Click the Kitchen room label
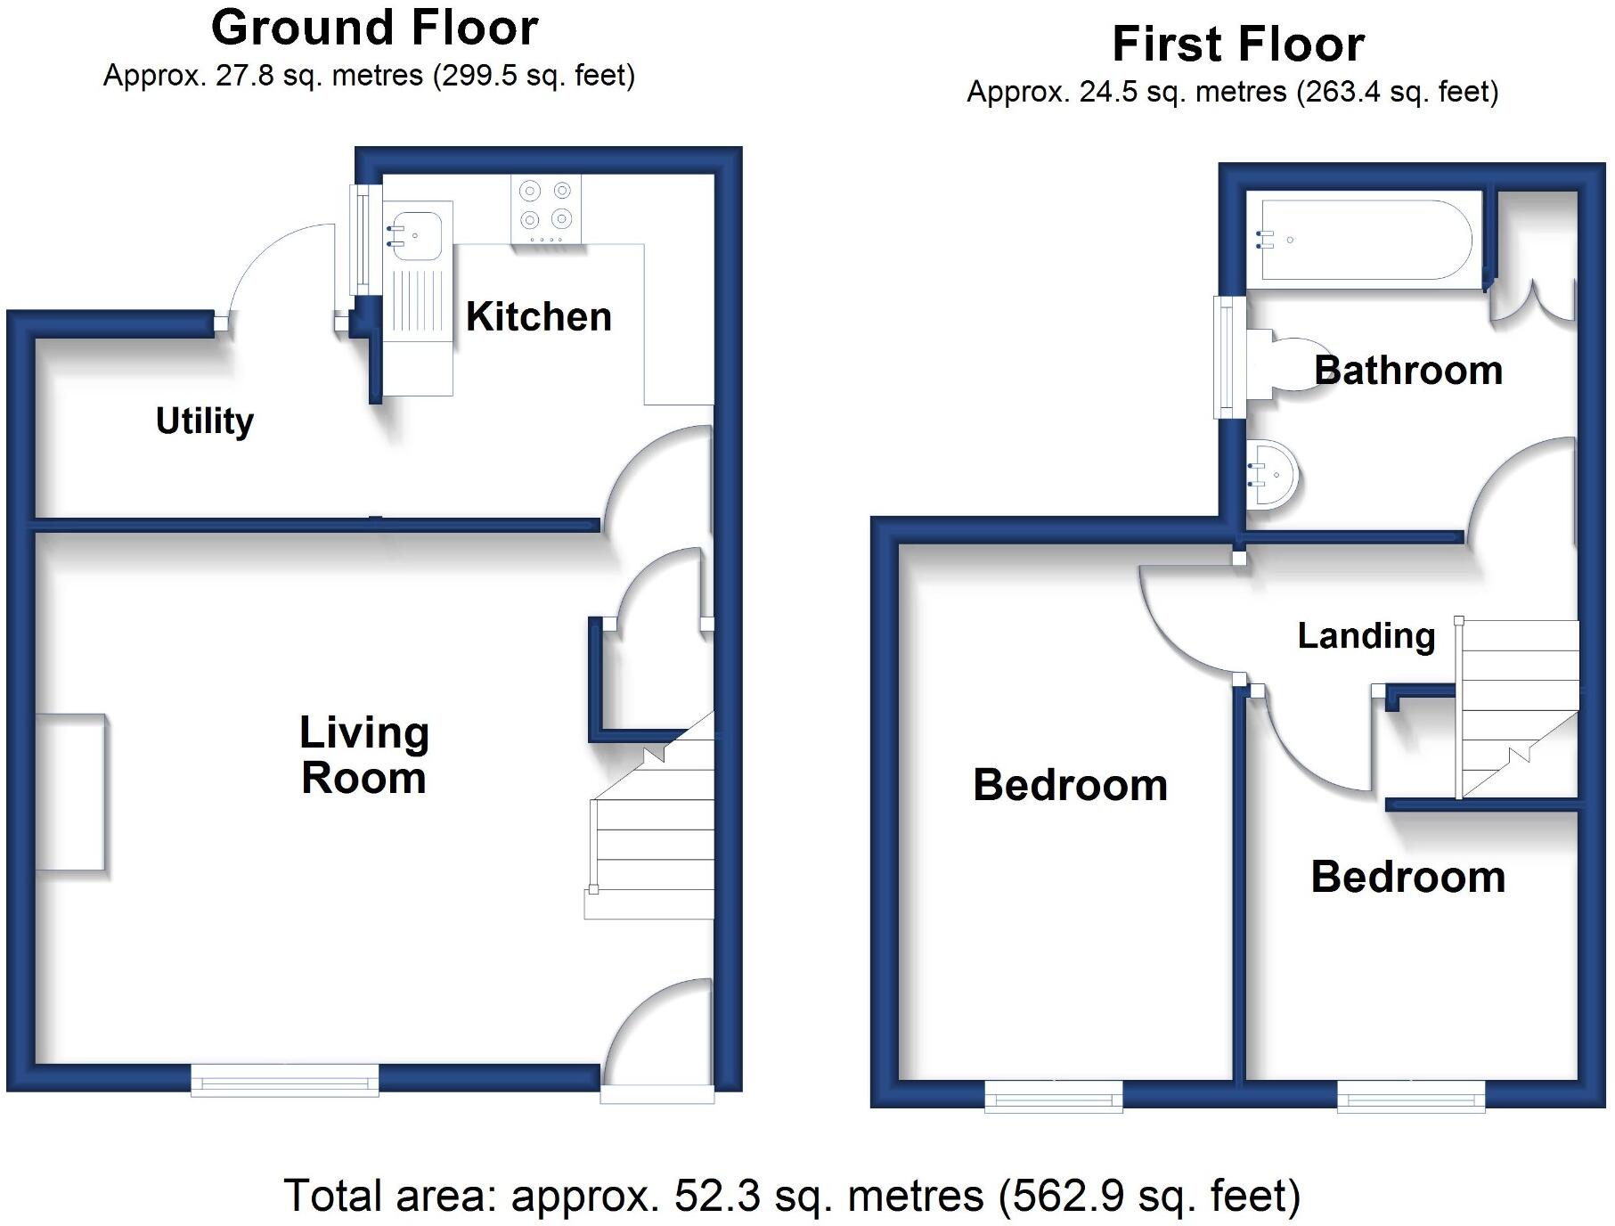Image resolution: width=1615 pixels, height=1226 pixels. click(x=538, y=316)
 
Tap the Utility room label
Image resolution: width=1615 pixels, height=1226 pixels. click(x=204, y=421)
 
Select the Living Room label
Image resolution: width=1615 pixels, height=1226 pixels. click(x=363, y=755)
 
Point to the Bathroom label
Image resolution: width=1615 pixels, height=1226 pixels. click(x=1408, y=370)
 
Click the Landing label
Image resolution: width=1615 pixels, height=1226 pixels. click(x=1366, y=635)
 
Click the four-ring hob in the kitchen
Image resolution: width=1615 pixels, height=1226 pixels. click(x=546, y=210)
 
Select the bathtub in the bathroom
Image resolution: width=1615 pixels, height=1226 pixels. click(x=1364, y=240)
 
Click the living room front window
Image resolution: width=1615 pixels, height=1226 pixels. click(x=285, y=1081)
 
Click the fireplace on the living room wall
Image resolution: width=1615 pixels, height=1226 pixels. click(x=71, y=792)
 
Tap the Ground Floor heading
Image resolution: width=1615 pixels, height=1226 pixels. click(x=374, y=28)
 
